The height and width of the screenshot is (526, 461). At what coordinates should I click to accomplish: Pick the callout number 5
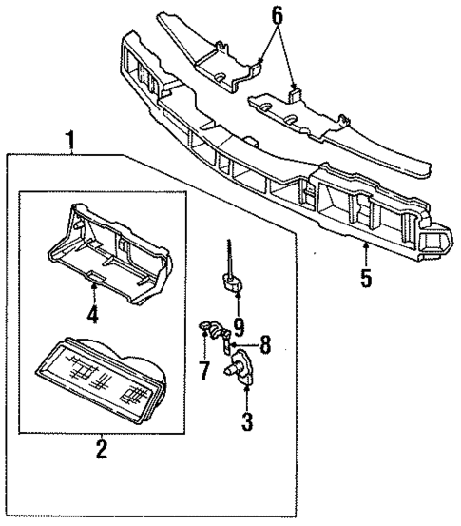tap(366, 282)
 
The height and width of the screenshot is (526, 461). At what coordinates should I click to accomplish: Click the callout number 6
tap(277, 15)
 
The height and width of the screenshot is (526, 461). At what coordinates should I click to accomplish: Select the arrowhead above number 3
tap(246, 388)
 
